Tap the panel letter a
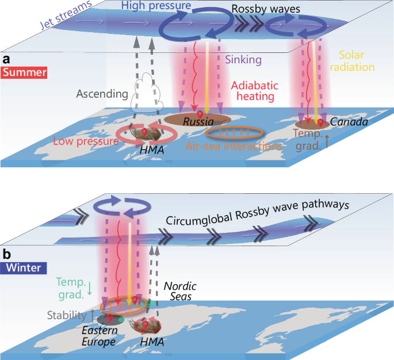(x=7, y=59)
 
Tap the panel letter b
(x=6, y=253)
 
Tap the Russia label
(x=198, y=122)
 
